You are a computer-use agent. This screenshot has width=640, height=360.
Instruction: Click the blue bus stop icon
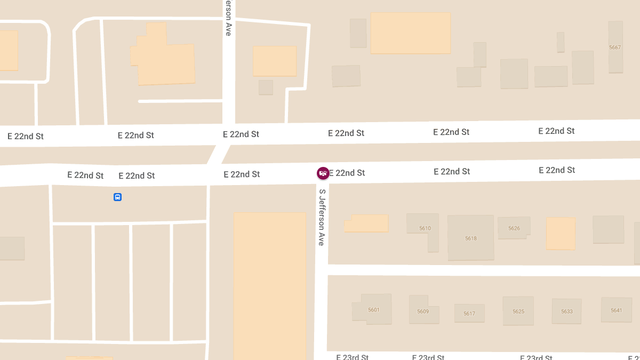(x=117, y=197)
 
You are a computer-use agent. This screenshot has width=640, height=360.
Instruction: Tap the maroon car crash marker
(x=323, y=173)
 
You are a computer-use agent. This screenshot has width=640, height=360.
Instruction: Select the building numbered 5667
(x=615, y=47)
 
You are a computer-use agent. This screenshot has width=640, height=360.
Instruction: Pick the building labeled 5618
(x=470, y=238)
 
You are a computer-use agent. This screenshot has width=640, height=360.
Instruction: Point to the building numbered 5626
(x=514, y=228)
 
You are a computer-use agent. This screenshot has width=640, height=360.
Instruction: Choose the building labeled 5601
(x=373, y=309)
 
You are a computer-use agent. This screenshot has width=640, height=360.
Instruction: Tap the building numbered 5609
(x=423, y=311)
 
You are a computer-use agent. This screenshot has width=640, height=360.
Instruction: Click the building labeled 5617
(x=469, y=313)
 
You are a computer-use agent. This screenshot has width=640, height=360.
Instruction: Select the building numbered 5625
(x=518, y=311)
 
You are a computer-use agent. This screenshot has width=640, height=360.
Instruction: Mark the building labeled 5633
(x=566, y=311)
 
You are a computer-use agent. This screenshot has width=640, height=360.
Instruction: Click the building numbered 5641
(x=616, y=310)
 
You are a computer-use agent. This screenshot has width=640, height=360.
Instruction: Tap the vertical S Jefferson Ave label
(x=322, y=217)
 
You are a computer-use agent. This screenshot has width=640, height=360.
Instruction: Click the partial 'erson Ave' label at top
(x=228, y=18)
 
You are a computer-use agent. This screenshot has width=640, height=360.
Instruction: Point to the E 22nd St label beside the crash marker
(x=347, y=173)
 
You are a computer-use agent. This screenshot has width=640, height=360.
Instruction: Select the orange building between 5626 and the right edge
(x=561, y=233)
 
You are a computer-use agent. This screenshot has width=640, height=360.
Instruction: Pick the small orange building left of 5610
(x=366, y=223)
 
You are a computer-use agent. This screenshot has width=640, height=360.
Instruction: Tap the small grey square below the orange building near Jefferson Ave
(x=266, y=87)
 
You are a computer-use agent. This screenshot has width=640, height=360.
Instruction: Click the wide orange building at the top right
(x=410, y=33)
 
